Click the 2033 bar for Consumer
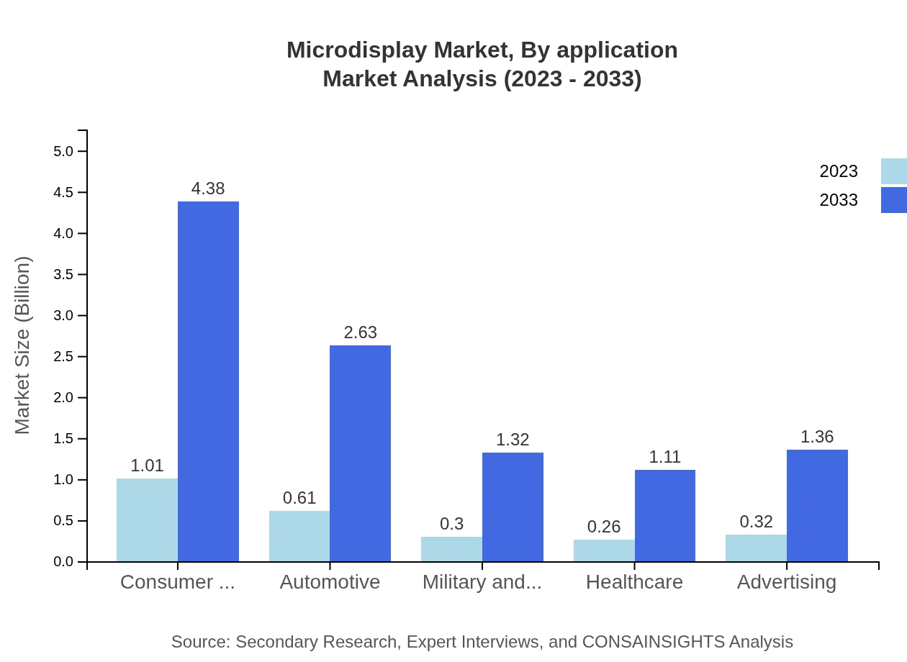tap(208, 381)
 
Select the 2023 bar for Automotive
tap(299, 536)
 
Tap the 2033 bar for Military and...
tap(513, 507)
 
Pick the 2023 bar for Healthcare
tap(604, 550)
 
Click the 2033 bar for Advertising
tap(817, 506)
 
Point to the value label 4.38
tap(208, 189)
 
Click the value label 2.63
tap(360, 332)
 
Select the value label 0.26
tap(604, 527)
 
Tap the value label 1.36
tap(817, 437)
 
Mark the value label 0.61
tap(299, 498)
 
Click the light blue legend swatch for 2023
tap(893, 171)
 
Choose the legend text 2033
tap(839, 200)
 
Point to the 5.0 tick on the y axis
tap(63, 151)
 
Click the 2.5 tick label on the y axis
tap(63, 357)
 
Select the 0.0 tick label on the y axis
tap(63, 562)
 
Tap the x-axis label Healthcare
tap(634, 581)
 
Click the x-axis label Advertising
tap(786, 581)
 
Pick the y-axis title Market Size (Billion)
tap(23, 345)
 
